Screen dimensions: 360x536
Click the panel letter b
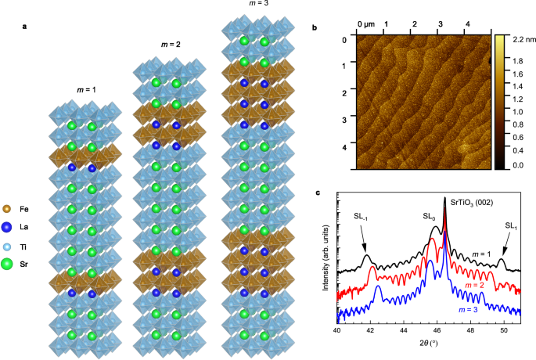pos(315,28)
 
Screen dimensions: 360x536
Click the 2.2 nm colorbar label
pos(521,38)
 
